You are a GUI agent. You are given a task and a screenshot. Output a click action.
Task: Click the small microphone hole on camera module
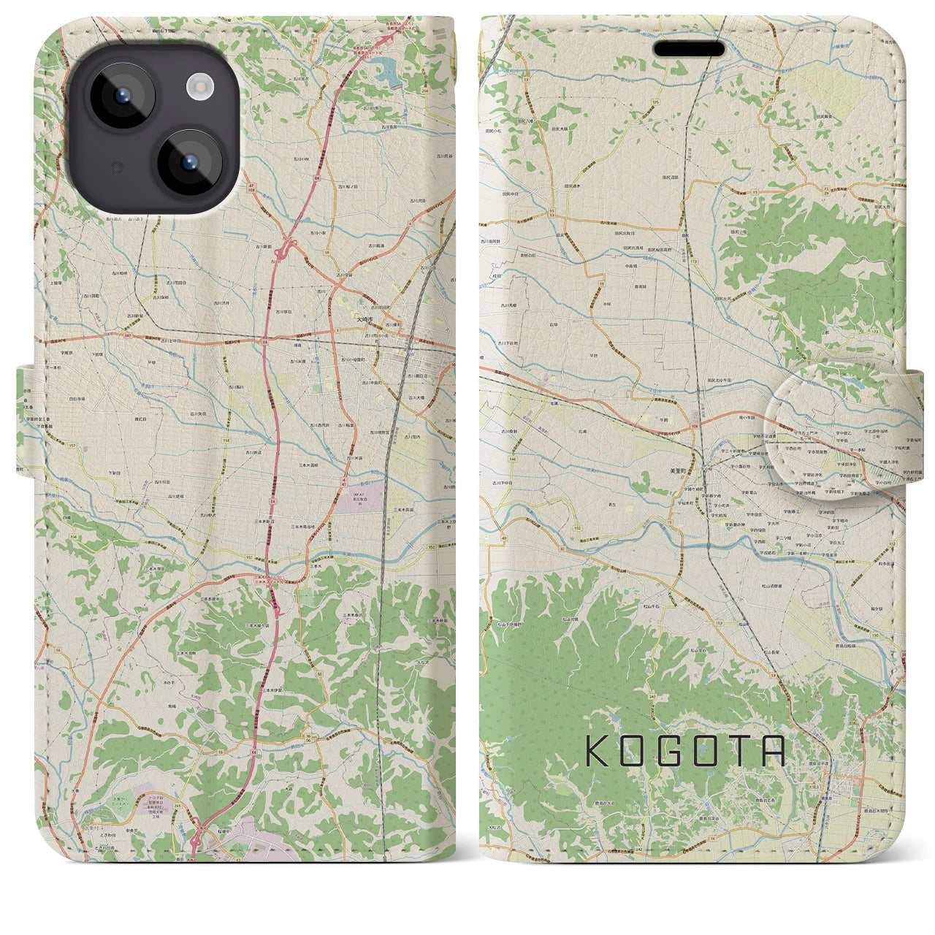click(115, 167)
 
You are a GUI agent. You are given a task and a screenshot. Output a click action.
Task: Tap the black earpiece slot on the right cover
click(689, 50)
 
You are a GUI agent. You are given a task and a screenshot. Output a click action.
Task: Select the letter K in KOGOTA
click(598, 751)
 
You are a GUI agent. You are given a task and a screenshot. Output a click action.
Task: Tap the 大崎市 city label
click(365, 320)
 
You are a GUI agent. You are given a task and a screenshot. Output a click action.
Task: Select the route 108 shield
click(695, 424)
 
